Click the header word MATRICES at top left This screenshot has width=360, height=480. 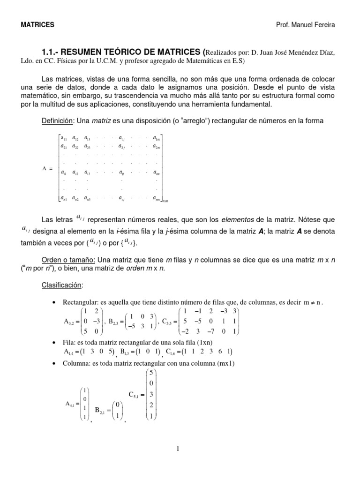coord(37,24)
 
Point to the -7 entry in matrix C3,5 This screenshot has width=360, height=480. coord(211,332)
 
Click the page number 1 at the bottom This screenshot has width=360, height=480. coord(178,449)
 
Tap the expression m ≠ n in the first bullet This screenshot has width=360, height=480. coord(312,303)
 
